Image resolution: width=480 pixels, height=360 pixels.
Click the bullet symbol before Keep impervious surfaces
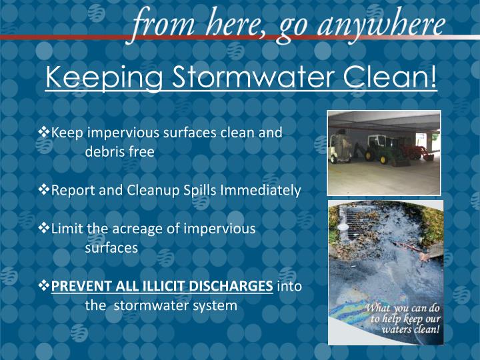tap(45, 132)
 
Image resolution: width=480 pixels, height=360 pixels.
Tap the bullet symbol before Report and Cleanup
tap(45, 190)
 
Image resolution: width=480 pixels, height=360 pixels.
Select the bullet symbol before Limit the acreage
tap(45, 229)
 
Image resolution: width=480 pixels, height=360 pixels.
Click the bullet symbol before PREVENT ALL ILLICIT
tap(45, 286)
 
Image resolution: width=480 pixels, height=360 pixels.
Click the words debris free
tap(120, 152)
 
